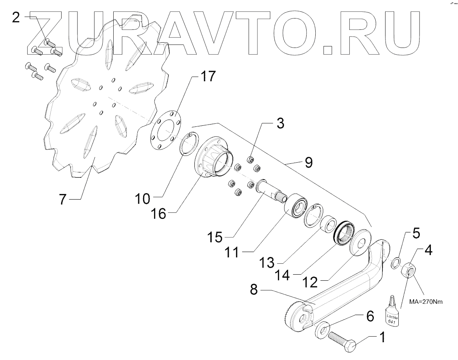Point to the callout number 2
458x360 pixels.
[15, 18]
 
